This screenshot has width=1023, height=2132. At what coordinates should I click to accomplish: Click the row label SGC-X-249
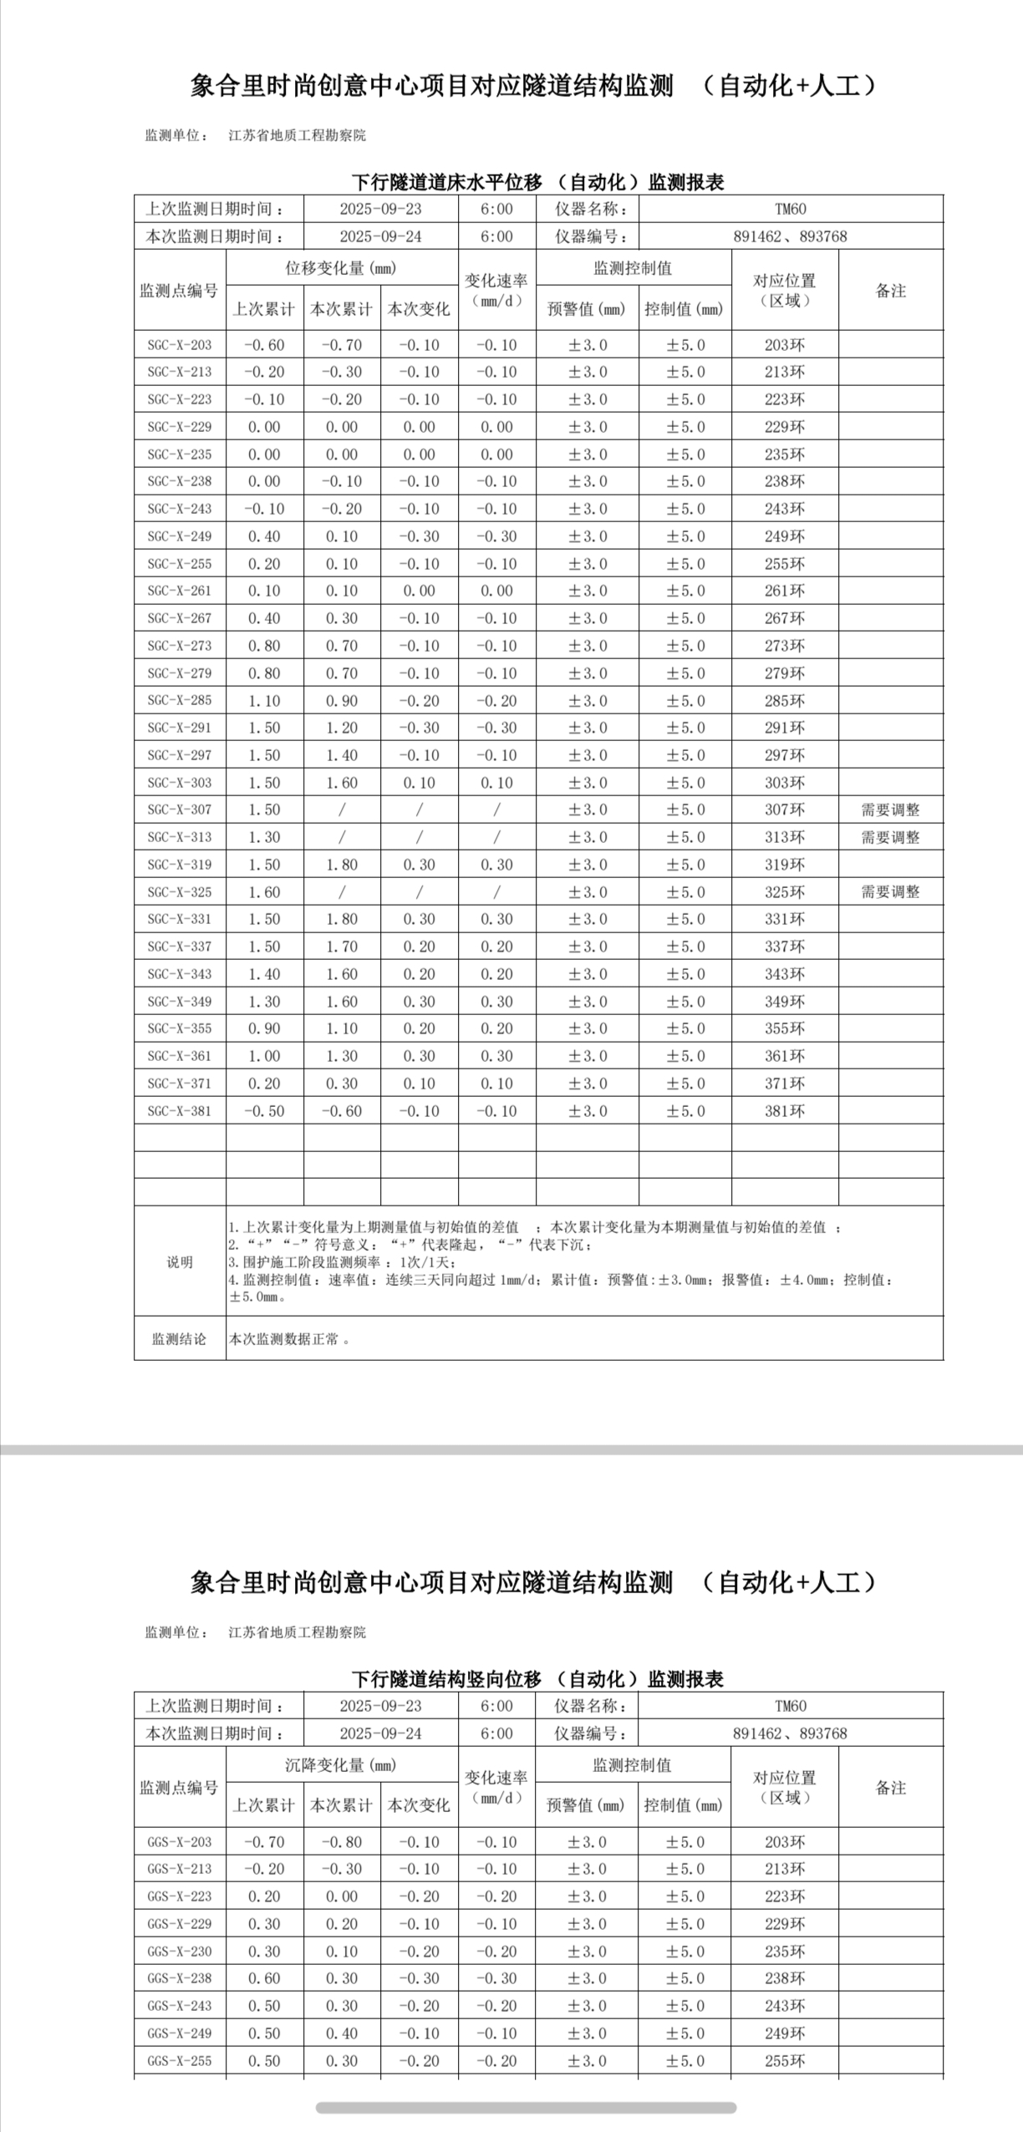180,536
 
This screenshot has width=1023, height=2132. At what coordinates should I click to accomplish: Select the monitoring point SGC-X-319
180,865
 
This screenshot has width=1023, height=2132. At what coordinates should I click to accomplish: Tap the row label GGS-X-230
180,1952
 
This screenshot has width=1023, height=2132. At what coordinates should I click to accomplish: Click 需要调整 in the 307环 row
890,810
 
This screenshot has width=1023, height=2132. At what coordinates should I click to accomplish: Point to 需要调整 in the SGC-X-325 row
890,892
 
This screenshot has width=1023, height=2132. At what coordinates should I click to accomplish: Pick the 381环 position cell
785,1111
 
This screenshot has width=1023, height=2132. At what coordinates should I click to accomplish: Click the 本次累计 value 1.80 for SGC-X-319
342,865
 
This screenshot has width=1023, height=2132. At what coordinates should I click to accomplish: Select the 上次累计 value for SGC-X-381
264,1111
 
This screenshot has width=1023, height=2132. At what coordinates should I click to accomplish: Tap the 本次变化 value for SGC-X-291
419,728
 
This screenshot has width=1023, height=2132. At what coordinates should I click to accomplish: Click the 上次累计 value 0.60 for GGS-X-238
264,1978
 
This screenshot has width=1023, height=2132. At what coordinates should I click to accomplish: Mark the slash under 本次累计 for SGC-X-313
342,837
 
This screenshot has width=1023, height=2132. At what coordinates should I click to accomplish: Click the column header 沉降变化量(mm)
341,1765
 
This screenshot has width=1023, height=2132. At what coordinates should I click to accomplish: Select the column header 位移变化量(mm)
341,268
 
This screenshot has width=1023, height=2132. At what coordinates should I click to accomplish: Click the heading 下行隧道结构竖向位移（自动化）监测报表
537,1679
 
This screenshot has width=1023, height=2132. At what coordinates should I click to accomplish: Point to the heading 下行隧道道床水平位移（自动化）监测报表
537,182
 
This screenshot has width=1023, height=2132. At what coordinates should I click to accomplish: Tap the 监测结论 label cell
179,1339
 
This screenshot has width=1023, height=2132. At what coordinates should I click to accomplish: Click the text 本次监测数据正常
284,1339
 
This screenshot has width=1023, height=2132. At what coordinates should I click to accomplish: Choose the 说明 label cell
179,1261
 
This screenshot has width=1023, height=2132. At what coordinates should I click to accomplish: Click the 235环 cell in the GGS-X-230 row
785,1952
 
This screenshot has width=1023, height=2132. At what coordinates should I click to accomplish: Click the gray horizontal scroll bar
526,2108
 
